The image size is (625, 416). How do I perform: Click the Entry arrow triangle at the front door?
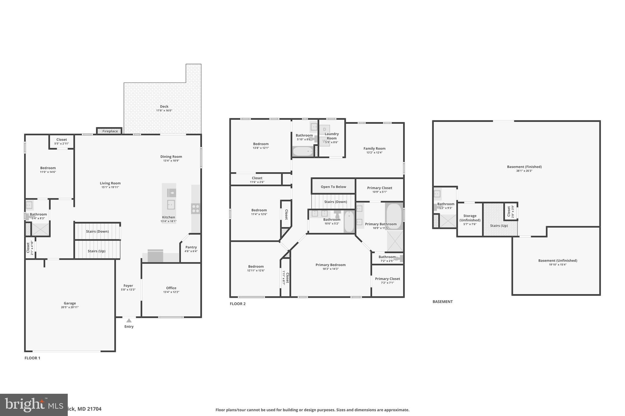pyautogui.click(x=129, y=320)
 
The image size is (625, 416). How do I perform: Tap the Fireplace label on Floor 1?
pyautogui.click(x=110, y=131)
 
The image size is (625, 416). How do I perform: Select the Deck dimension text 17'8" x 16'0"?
pyautogui.click(x=164, y=111)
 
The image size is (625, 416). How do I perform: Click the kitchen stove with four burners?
pyautogui.click(x=196, y=209)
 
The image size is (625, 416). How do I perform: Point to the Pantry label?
pyautogui.click(x=191, y=247)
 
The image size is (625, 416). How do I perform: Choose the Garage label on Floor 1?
pyautogui.click(x=70, y=303)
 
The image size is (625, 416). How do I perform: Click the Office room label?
pyautogui.click(x=171, y=288)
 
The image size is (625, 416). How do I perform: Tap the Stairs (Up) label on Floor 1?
pyautogui.click(x=96, y=251)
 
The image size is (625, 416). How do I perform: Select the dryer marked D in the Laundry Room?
pyautogui.click(x=324, y=129)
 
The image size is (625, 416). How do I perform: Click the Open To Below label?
pyautogui.click(x=333, y=187)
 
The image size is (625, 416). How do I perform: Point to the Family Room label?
pyautogui.click(x=374, y=148)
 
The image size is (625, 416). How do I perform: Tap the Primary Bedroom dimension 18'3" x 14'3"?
pyautogui.click(x=331, y=269)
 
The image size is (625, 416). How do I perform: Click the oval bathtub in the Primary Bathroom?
pyautogui.click(x=394, y=216)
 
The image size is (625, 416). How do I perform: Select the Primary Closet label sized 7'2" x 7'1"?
pyautogui.click(x=387, y=279)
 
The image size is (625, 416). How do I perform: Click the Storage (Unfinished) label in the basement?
pyautogui.click(x=470, y=218)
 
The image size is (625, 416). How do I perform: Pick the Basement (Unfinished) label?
pyautogui.click(x=558, y=261)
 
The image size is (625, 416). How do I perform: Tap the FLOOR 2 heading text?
pyautogui.click(x=237, y=304)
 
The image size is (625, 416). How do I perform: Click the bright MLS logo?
pyautogui.click(x=34, y=405)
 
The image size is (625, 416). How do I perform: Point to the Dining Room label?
pyautogui.click(x=171, y=157)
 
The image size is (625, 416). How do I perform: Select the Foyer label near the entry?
pyautogui.click(x=128, y=286)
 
